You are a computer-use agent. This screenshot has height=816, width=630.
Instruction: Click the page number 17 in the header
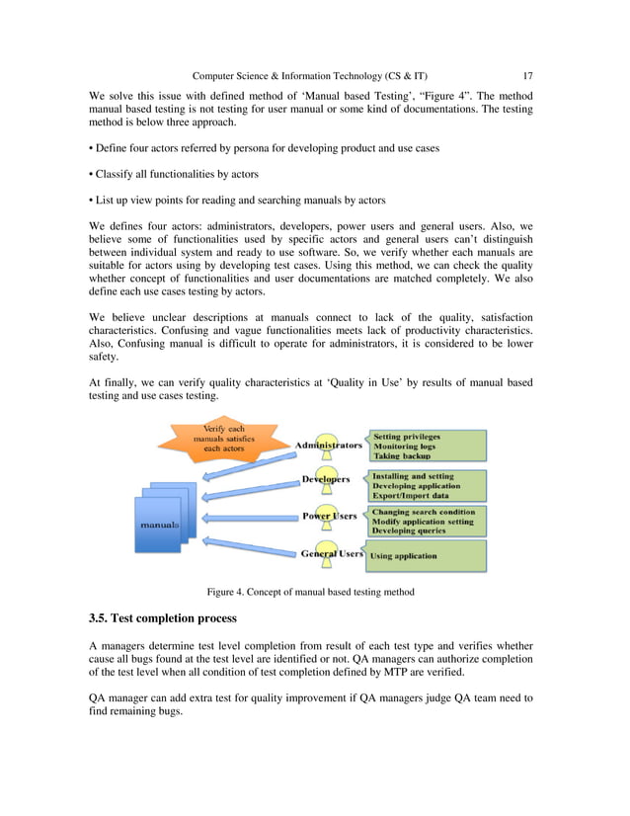tap(528, 75)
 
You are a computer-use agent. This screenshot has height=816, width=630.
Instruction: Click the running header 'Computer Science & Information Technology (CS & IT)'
tap(310, 75)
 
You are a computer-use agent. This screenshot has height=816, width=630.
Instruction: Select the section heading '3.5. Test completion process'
tap(162, 618)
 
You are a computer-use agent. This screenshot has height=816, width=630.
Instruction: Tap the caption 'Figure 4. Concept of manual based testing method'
tap(310, 592)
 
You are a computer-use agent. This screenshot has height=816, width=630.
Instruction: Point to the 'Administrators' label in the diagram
tap(329, 446)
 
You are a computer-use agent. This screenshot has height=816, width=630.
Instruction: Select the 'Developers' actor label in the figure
tap(326, 479)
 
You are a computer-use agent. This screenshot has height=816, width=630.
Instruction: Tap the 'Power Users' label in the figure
tap(330, 516)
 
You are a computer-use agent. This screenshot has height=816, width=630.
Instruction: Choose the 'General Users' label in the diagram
tap(332, 554)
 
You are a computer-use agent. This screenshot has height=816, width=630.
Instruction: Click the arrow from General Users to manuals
tap(247, 543)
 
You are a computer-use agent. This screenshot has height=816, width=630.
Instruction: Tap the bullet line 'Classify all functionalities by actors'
tap(174, 174)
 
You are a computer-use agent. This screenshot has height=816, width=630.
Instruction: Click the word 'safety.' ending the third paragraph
tap(104, 360)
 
